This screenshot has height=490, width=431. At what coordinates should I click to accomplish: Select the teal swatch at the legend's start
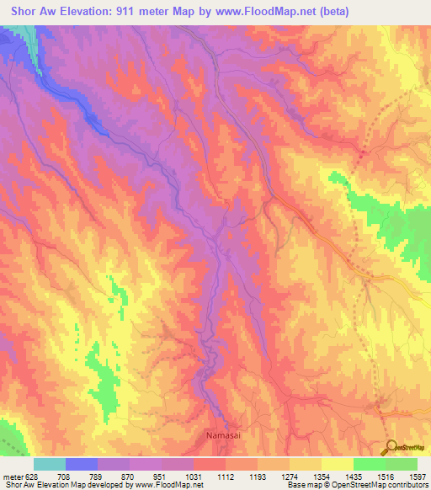pyautogui.click(x=50, y=464)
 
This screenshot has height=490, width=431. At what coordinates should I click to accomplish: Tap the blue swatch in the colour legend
pyautogui.click(x=82, y=464)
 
